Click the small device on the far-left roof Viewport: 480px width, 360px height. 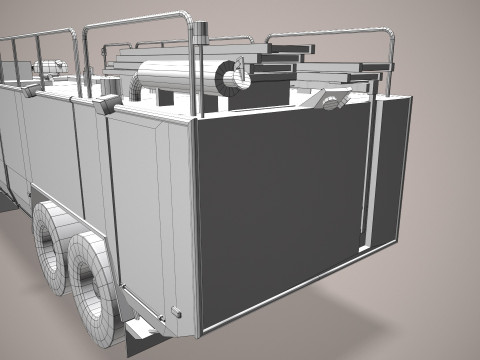[45, 68]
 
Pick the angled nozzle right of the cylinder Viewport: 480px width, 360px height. [330, 99]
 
